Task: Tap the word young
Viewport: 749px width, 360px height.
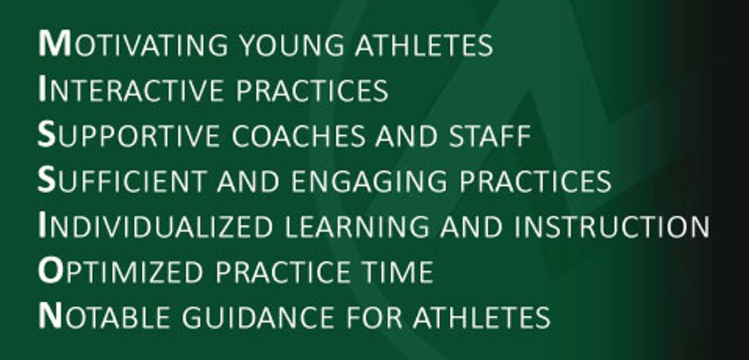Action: click(x=291, y=45)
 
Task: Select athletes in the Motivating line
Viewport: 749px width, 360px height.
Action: click(x=424, y=45)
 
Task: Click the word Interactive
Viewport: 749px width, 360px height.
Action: click(x=130, y=89)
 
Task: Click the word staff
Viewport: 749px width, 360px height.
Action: click(x=489, y=136)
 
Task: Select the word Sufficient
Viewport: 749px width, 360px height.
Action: click(x=122, y=180)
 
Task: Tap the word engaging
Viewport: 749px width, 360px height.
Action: click(x=369, y=181)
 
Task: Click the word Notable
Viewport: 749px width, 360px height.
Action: click(x=104, y=317)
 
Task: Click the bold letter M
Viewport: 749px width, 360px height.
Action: click(x=54, y=44)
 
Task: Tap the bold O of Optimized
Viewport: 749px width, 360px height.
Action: click(x=50, y=271)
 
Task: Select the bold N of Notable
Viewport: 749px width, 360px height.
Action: click(x=50, y=317)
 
